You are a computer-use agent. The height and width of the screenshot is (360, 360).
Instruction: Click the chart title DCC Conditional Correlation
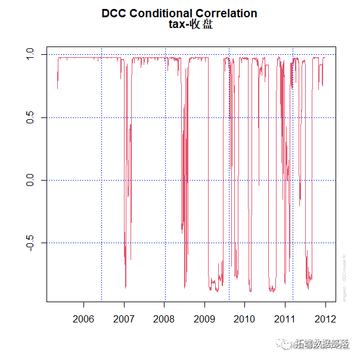point(179,13)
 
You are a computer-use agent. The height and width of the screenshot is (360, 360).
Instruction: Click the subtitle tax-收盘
point(191,24)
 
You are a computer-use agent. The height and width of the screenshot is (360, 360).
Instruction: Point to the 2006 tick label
point(83,318)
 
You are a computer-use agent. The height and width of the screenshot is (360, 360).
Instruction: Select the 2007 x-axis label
point(124,318)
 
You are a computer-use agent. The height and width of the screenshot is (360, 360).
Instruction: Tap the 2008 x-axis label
point(165,318)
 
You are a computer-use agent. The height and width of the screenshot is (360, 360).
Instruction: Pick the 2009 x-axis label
point(204,318)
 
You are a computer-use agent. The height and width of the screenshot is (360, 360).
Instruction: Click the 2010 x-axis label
point(245,318)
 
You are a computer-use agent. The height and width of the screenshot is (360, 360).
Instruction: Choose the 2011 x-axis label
point(285,318)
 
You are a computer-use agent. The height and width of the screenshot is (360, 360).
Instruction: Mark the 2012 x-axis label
point(325,318)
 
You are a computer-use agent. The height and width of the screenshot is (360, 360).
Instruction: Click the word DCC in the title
point(114,13)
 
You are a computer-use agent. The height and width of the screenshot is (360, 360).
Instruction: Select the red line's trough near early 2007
point(125,287)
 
